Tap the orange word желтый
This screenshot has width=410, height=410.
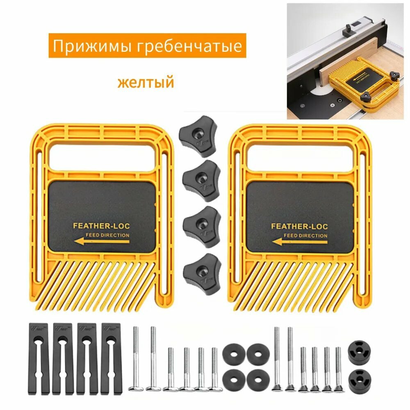tap(146, 82)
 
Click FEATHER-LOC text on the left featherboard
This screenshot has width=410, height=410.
tap(101, 225)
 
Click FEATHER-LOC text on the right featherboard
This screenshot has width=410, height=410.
tap(299, 226)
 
